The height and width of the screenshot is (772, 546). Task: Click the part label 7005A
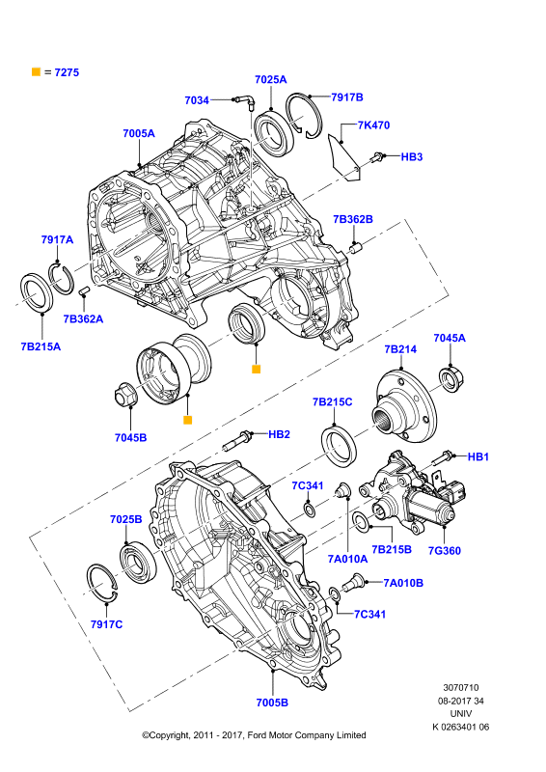click(x=138, y=133)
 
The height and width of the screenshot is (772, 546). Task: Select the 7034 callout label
click(x=197, y=100)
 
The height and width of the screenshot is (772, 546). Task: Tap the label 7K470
click(x=373, y=125)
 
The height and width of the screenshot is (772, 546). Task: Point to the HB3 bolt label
click(x=412, y=156)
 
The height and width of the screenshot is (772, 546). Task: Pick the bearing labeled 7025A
click(x=274, y=133)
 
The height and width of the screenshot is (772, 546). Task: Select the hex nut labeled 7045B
click(x=125, y=395)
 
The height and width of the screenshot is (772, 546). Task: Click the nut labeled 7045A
click(x=452, y=379)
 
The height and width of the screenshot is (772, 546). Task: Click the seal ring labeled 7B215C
click(x=340, y=447)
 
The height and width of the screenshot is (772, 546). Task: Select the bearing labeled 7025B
click(x=138, y=561)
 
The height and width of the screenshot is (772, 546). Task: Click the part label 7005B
click(x=272, y=703)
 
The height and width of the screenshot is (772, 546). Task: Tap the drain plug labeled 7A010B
click(x=355, y=583)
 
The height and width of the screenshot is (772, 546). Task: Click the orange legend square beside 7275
click(x=36, y=71)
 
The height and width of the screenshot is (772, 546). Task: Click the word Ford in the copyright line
click(x=257, y=735)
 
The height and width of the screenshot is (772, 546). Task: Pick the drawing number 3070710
click(x=461, y=688)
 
